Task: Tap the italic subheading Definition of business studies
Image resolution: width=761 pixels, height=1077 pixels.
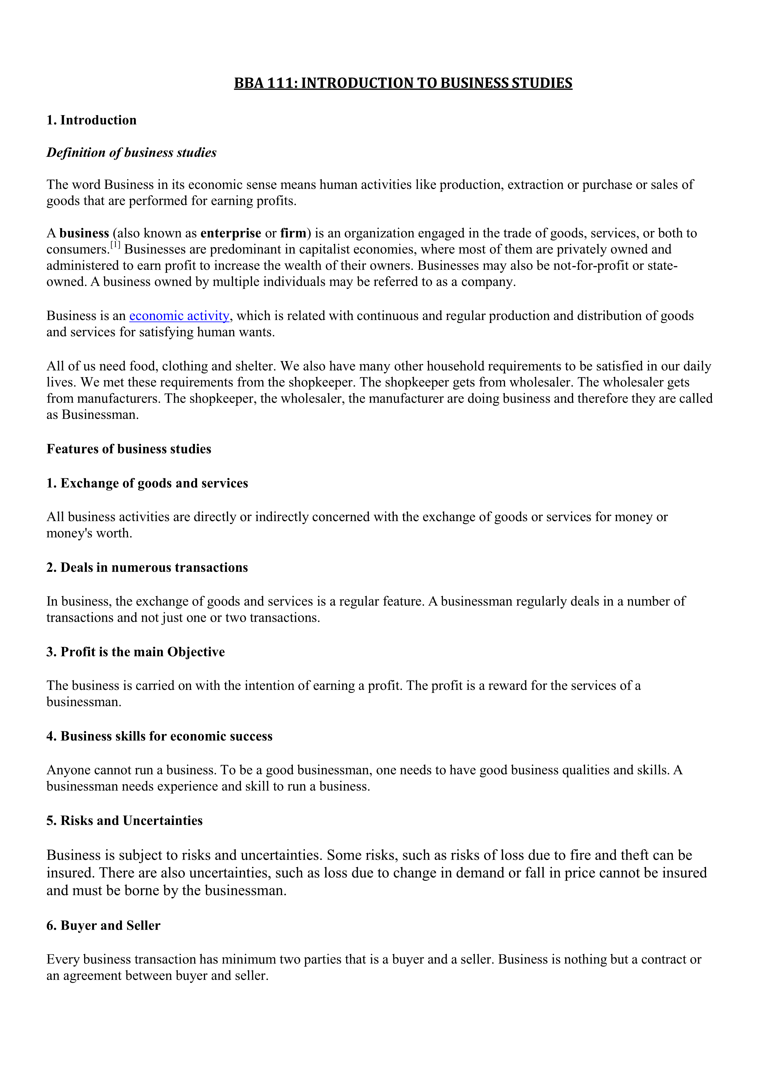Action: (x=131, y=153)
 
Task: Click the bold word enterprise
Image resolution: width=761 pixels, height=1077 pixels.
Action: (x=231, y=233)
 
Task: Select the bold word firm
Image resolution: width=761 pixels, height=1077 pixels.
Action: (x=293, y=233)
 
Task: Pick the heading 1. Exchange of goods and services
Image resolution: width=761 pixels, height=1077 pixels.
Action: (x=147, y=483)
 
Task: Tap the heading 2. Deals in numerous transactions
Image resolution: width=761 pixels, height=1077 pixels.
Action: (x=147, y=568)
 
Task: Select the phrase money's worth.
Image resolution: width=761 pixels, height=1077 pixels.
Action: (x=89, y=533)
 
